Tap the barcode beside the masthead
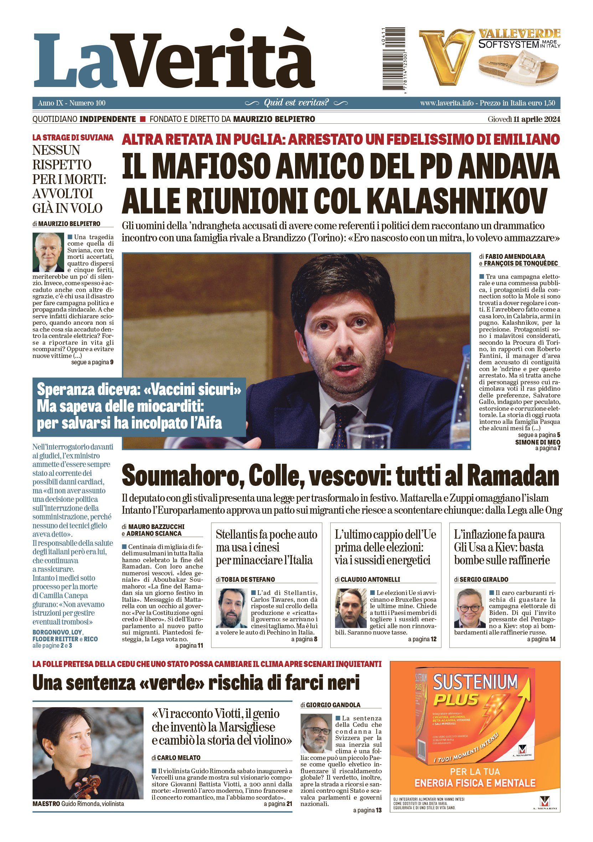(x=395, y=58)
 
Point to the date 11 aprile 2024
(x=537, y=119)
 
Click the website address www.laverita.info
(x=447, y=103)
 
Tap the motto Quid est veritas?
(x=296, y=103)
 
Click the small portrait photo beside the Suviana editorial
(x=48, y=252)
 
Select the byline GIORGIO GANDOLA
(x=333, y=704)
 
